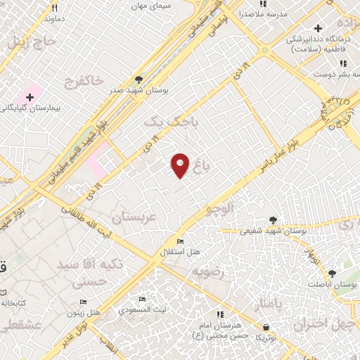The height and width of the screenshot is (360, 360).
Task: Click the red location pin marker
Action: (x=181, y=165)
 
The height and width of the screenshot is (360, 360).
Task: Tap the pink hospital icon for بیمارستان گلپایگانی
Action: (x=30, y=96)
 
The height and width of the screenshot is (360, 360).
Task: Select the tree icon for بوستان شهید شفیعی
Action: (x=273, y=219)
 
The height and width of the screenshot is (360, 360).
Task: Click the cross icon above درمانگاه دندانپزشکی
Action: (x=319, y=29)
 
